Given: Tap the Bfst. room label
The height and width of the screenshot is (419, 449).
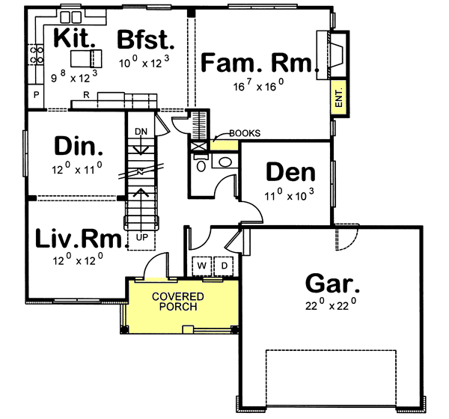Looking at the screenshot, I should pos(147,38).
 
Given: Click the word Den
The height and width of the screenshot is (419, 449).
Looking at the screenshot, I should pos(290,173).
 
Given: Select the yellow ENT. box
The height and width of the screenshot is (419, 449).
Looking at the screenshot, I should pos(338,97).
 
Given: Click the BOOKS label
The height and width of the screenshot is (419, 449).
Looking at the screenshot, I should pos(244,134).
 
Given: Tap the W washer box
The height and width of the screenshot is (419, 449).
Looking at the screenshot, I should pos(203,266).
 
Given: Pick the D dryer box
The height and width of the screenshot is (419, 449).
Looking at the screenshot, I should pos(224,266).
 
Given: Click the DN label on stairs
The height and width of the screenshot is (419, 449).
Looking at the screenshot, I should pos(140,132).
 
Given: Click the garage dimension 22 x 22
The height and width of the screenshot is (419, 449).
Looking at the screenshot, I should pos(332,304).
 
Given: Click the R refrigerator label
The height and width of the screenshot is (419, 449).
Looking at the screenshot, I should pos(88,96).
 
